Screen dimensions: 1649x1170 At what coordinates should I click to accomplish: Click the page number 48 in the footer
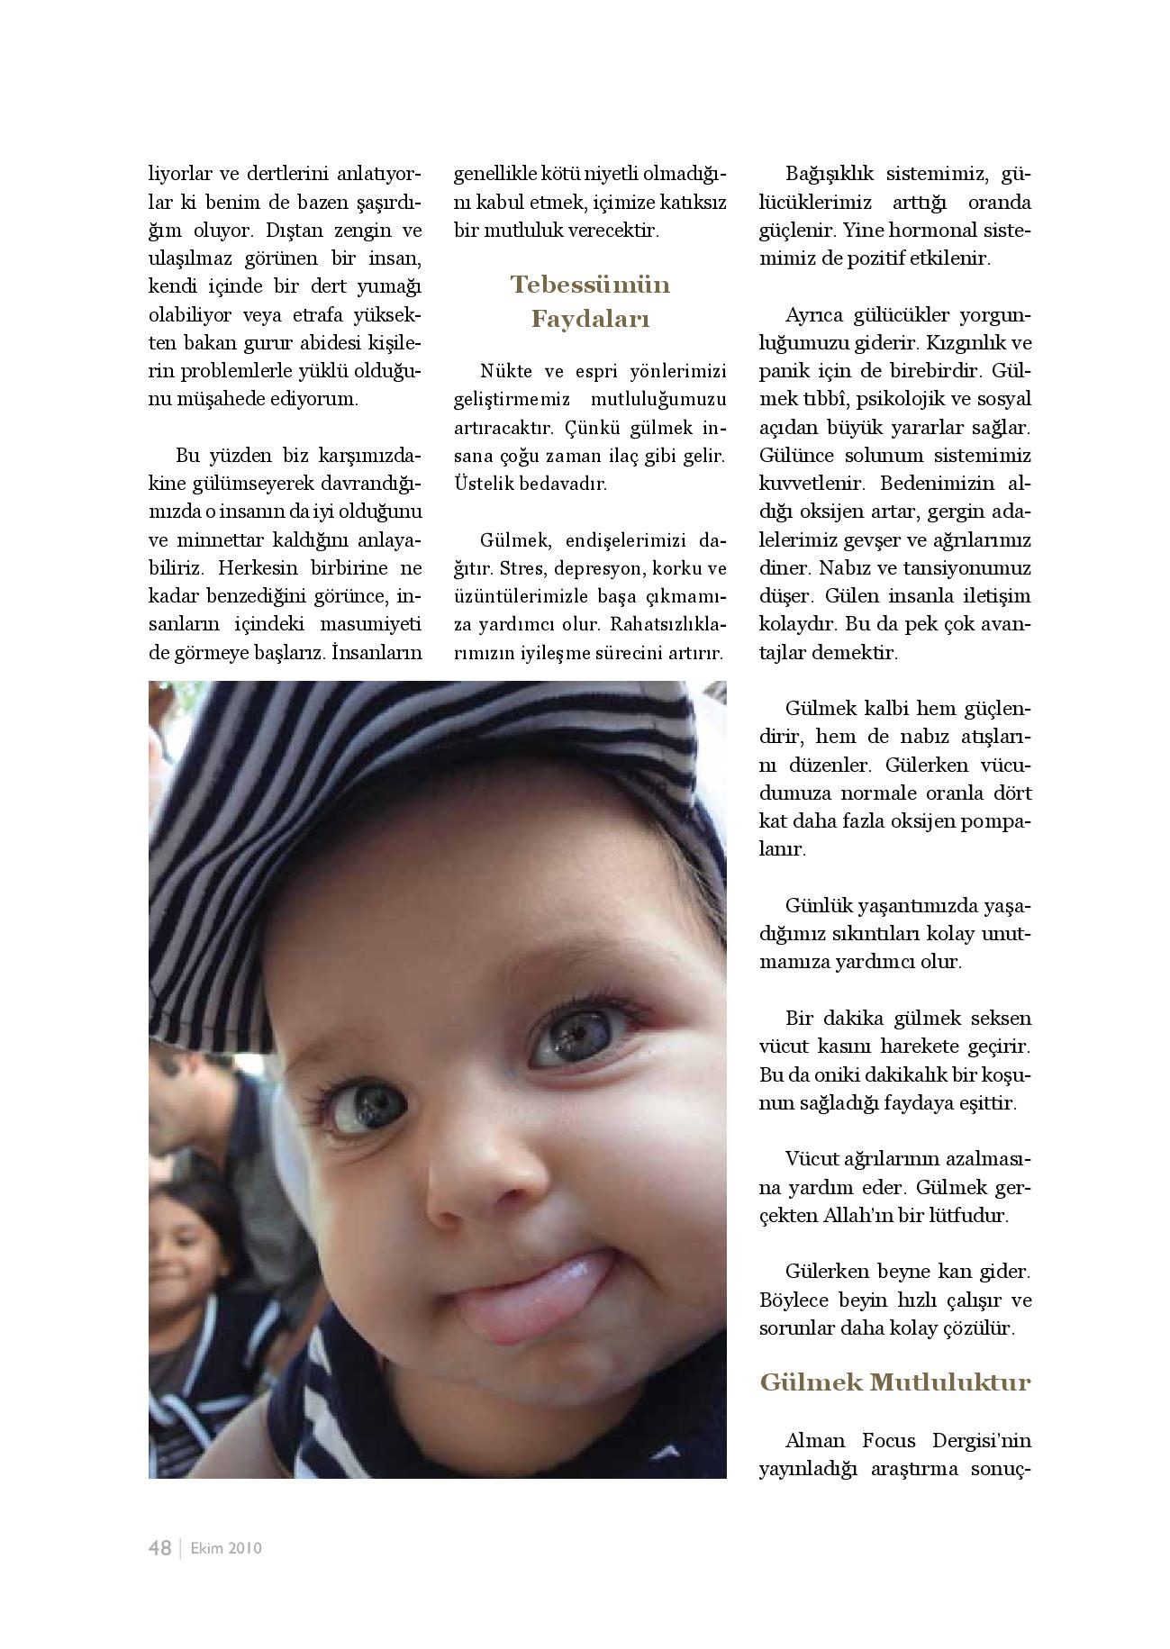tap(159, 1547)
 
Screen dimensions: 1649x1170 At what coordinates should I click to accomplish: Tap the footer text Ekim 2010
tap(226, 1548)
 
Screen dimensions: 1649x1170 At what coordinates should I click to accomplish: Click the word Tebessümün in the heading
tap(590, 285)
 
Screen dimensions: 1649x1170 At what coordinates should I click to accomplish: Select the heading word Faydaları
tap(590, 319)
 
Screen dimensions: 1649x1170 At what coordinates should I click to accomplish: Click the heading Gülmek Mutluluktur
tap(894, 1382)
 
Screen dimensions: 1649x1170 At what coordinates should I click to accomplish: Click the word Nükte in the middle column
tap(505, 371)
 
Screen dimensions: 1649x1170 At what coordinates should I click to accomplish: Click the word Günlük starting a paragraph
tap(816, 904)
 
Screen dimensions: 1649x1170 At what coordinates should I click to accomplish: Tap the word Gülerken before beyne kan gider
tap(825, 1272)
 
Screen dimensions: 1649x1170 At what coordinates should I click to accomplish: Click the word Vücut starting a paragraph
tap(810, 1158)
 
